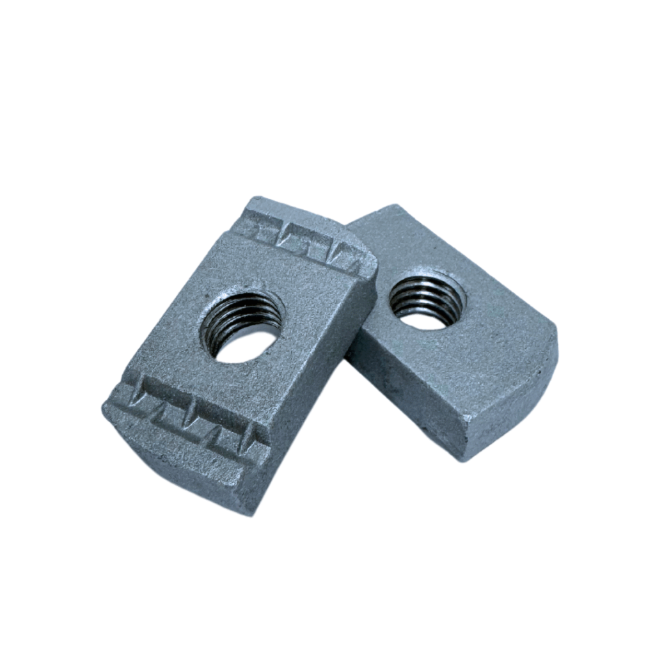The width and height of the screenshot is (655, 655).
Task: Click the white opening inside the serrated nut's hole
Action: (246, 345)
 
